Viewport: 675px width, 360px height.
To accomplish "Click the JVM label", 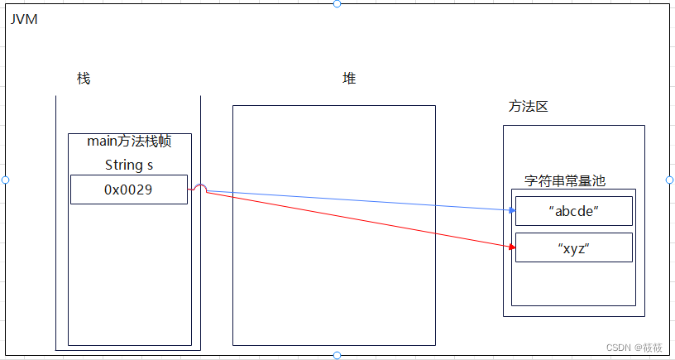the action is pyautogui.click(x=24, y=19).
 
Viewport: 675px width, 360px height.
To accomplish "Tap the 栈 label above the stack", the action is pyautogui.click(x=83, y=79).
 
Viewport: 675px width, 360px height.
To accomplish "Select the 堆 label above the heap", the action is pyautogui.click(x=349, y=79).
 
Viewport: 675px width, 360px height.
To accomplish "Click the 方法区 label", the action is pyautogui.click(x=528, y=107).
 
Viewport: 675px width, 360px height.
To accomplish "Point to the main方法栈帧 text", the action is pyautogui.click(x=129, y=142).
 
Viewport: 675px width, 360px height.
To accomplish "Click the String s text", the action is pyautogui.click(x=129, y=165).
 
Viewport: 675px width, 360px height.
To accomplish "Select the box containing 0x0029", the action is pyautogui.click(x=128, y=190).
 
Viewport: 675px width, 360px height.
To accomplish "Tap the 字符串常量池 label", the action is pyautogui.click(x=565, y=180).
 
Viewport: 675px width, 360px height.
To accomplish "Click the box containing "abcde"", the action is pyautogui.click(x=573, y=210).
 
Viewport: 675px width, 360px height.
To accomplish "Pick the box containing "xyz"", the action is pyautogui.click(x=573, y=247).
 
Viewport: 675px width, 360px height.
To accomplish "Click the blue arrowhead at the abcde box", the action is pyautogui.click(x=512, y=210).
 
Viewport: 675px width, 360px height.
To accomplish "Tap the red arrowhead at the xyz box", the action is pyautogui.click(x=512, y=246).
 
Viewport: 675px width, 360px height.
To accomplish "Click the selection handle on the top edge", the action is pyautogui.click(x=337, y=4).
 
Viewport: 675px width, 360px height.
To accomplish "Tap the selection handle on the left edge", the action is pyautogui.click(x=5, y=180).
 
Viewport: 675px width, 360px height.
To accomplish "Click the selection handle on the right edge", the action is pyautogui.click(x=669, y=180).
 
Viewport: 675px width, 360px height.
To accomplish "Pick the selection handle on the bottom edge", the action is pyautogui.click(x=337, y=355).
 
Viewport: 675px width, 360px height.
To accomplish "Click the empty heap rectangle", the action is pyautogui.click(x=333, y=273).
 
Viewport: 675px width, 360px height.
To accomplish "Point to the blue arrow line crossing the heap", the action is pyautogui.click(x=356, y=201).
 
